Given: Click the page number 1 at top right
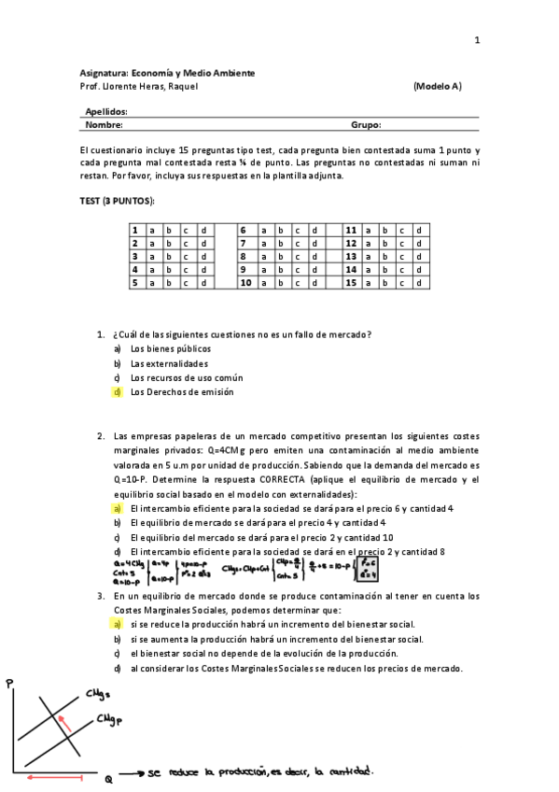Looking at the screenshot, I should [477, 40].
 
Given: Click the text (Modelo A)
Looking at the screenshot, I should [436, 87].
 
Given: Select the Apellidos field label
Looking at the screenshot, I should [106, 111].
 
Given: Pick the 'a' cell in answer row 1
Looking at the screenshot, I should [152, 230].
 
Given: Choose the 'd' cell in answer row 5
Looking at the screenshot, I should [202, 282].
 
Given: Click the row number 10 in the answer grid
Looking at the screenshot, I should [246, 282].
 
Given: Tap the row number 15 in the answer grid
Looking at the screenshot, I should [352, 282].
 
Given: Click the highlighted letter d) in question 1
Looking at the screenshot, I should [118, 392].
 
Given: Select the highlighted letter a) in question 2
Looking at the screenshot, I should [118, 508].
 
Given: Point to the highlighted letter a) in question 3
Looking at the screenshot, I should [118, 624].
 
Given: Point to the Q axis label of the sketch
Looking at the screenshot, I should [107, 778].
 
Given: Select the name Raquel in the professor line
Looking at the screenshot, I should [182, 87].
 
